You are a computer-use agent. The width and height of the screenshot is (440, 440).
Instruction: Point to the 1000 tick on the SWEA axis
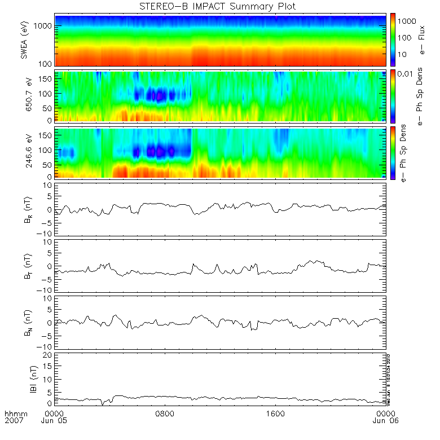pos(45,26)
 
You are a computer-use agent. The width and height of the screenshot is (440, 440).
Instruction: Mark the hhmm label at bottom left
pos(13,413)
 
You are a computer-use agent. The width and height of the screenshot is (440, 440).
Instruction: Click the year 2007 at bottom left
pos(13,421)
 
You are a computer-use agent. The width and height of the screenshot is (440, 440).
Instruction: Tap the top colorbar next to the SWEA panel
pos(393,39)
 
